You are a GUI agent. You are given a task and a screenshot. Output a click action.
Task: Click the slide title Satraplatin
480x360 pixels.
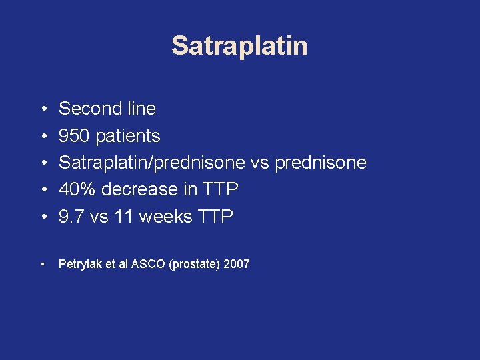point(239,46)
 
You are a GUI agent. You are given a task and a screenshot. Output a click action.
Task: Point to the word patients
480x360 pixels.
point(128,136)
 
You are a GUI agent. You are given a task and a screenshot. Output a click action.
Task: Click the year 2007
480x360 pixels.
point(237,264)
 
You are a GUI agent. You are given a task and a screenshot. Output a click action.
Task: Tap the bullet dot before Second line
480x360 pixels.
point(42,109)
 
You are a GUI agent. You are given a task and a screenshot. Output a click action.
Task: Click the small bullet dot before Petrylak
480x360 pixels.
point(42,265)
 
